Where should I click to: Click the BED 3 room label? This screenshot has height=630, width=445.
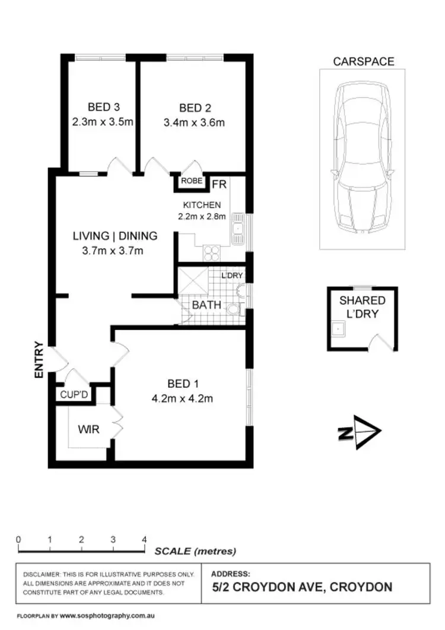103,107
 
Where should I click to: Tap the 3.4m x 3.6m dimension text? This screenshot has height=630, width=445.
195,124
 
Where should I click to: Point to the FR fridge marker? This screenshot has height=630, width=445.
218,185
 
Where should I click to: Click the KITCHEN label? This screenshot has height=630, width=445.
202,205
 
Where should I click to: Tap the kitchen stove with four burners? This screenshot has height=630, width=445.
212,253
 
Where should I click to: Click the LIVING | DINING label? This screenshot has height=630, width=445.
115,236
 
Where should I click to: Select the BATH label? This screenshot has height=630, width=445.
206,305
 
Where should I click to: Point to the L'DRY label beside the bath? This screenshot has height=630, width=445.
232,276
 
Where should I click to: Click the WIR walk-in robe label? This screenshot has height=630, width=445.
88,428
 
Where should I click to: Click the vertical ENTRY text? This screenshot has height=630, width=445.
39,359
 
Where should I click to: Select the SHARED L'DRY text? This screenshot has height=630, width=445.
362,306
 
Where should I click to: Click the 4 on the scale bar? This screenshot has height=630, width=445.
144,540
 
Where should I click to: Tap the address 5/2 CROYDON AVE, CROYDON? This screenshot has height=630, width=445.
302,587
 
